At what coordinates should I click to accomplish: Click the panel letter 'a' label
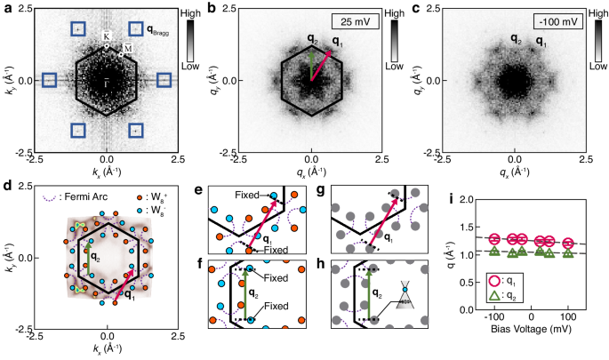click(x=6, y=8)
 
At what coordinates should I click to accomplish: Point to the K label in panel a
click(x=107, y=36)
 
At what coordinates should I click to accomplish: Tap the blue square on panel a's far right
click(x=164, y=80)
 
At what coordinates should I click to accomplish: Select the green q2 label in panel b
click(x=311, y=39)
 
